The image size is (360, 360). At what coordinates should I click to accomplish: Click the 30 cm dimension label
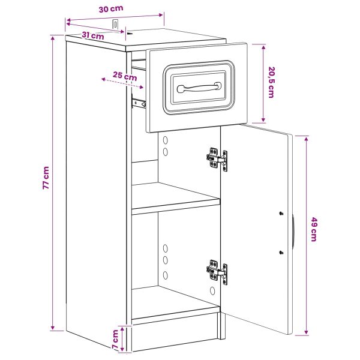pos(111,9)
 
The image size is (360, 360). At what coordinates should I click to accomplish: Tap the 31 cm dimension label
pos(93,35)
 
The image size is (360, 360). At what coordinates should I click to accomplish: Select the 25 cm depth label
pos(125,76)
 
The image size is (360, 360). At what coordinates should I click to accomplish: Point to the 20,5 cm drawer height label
pos(271,82)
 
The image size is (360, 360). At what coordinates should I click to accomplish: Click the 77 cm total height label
pos(46,178)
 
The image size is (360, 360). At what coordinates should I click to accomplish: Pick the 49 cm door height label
pos(314,229)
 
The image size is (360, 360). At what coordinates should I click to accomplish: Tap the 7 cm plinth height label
pos(115,339)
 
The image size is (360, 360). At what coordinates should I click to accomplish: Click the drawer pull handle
pos(199,87)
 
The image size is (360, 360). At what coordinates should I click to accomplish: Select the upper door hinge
pos(217,159)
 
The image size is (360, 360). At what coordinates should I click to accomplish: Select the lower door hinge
pos(217,272)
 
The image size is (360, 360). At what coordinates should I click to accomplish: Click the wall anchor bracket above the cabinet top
pos(115,25)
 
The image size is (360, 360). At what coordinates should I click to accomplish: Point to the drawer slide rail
pos(139,103)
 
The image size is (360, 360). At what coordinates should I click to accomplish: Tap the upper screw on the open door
pos(281,214)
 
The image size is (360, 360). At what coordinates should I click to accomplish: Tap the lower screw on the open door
pos(281,253)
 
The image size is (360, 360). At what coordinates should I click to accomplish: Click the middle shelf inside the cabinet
pos(176,199)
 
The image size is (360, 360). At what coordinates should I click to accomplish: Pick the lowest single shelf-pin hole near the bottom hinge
pos(212,291)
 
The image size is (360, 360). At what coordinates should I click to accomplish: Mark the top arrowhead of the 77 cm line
pos(53,38)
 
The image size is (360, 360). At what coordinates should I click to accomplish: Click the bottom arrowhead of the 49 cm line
pos(306,332)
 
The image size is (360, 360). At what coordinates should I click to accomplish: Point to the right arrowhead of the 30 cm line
pos(161,15)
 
